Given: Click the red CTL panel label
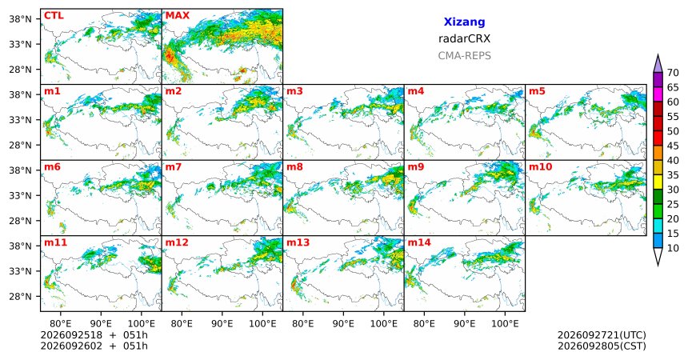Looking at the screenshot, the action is [54, 16].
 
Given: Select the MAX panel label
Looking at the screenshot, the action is [178, 16].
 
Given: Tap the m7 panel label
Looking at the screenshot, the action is [174, 167].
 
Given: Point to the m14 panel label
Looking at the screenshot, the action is [419, 242].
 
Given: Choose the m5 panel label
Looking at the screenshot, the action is [537, 91].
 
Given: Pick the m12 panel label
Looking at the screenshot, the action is [177, 242].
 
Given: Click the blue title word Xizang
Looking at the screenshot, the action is [464, 22].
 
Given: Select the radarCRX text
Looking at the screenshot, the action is [464, 38].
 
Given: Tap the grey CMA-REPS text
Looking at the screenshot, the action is [464, 56].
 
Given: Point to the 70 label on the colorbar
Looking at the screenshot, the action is [673, 73].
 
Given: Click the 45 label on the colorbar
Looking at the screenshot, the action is [673, 146].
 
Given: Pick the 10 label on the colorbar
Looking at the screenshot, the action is [673, 248].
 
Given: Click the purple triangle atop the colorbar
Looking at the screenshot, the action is [658, 64].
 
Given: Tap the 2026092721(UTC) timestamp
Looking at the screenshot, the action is [602, 335].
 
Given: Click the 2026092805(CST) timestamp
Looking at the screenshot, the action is [602, 346].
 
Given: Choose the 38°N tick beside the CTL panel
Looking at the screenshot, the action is [20, 19].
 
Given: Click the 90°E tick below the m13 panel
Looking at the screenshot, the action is [343, 324].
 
